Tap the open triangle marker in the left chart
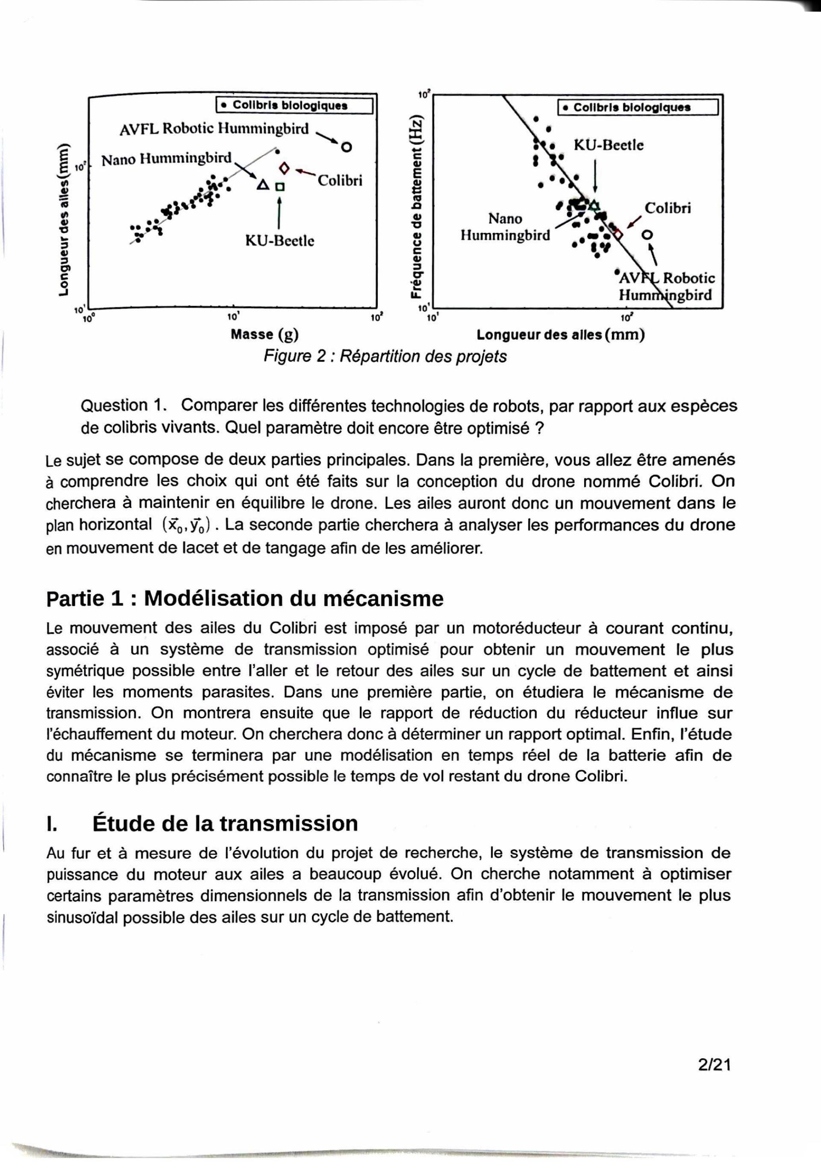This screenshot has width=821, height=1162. tap(262, 185)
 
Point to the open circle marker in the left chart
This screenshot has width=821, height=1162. tap(346, 147)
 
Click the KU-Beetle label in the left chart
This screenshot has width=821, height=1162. tap(279, 241)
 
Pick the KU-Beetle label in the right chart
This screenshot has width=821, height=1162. tap(608, 146)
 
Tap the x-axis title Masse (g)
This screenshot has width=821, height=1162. tap(264, 335)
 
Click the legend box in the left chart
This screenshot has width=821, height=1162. tap(294, 106)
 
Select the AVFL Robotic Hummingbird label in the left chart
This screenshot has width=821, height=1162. tap(214, 129)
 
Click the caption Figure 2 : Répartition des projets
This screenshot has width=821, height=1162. tap(385, 357)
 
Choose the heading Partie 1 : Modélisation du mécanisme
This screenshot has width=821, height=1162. tap(244, 599)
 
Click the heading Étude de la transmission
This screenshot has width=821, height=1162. tap(225, 823)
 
